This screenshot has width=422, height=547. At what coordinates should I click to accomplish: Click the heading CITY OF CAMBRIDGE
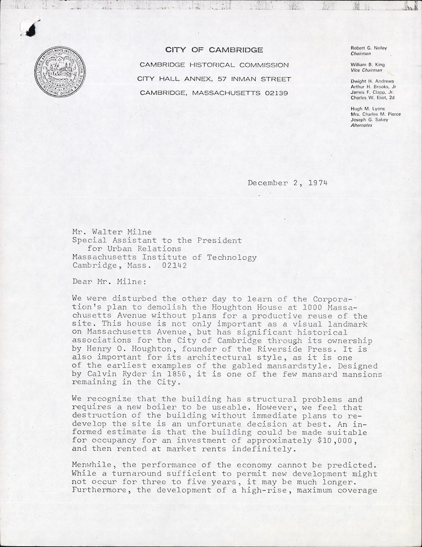[214, 50]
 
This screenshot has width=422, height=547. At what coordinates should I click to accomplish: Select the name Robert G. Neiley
[368, 48]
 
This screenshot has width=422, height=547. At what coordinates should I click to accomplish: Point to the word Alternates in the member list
[361, 125]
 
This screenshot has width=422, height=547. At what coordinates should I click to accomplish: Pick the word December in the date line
[268, 183]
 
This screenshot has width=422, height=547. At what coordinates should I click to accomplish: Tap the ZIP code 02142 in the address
[175, 265]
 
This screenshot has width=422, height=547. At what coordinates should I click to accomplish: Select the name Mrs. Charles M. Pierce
[375, 114]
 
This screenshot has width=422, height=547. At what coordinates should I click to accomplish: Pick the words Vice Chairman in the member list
[366, 70]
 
